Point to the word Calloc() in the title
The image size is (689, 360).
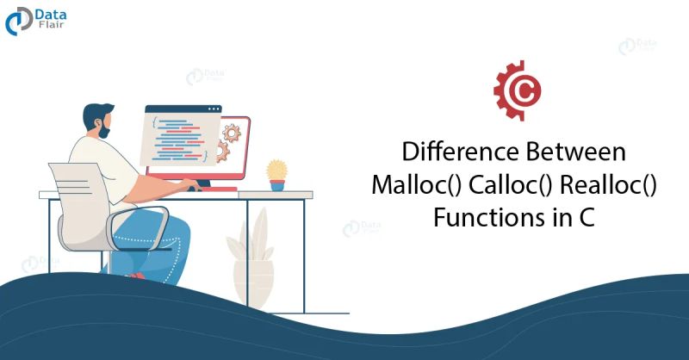507,185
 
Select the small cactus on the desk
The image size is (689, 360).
276,170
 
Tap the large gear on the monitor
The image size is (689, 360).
231,133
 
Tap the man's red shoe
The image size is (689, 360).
133,275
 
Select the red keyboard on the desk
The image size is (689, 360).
207,188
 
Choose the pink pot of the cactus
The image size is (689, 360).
276,184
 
